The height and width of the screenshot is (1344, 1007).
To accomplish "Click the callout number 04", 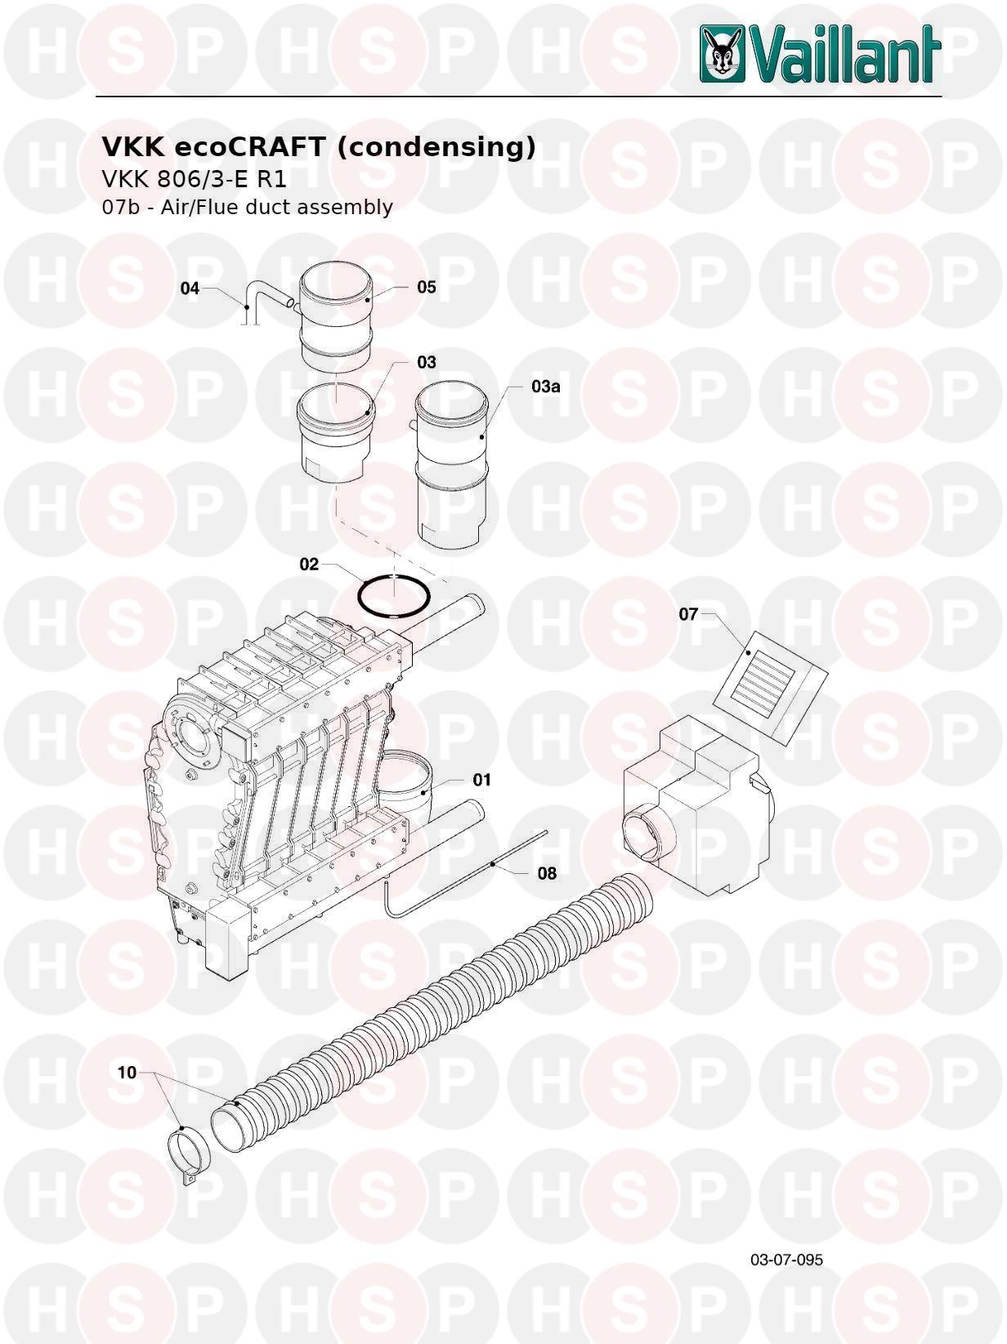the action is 190,288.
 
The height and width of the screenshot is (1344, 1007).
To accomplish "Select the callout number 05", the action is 427,287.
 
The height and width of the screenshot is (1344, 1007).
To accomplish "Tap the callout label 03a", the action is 546,387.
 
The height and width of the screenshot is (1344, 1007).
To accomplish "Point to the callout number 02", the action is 309,564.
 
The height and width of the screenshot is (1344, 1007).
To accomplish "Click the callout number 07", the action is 689,613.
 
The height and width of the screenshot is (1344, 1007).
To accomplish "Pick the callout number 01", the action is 482,779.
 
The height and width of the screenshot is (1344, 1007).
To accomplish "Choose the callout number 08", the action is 547,873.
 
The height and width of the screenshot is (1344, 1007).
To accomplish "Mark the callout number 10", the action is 127,1072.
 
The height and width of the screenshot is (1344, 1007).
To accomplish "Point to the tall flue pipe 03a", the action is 452,465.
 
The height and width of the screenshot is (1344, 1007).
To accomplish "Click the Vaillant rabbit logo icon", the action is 723,54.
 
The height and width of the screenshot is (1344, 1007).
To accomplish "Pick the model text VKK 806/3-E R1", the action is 194,179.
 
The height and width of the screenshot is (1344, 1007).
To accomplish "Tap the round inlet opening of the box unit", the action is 647,833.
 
